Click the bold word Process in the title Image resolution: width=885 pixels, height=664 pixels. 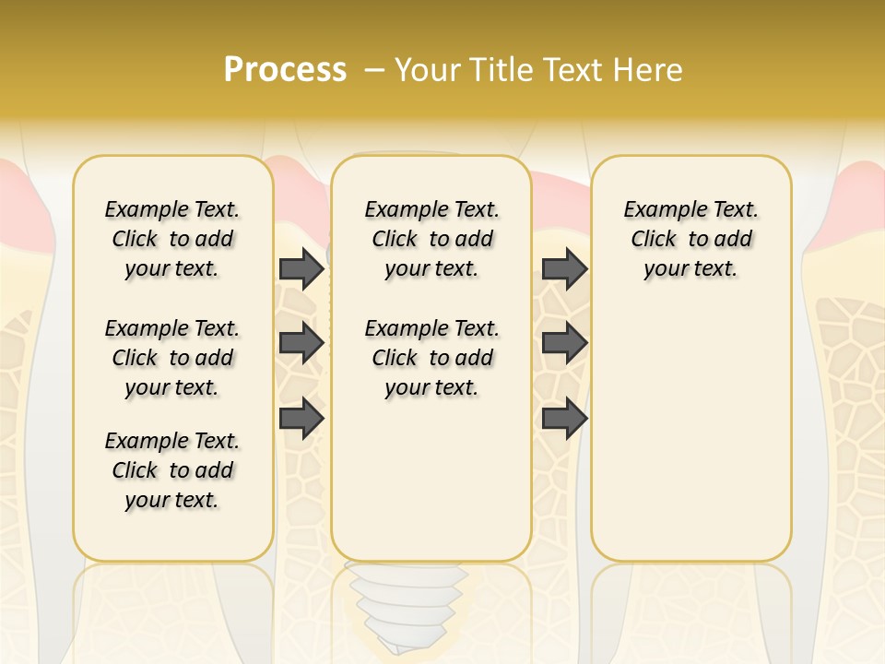(x=285, y=69)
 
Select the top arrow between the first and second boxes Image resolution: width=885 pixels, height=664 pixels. (x=301, y=269)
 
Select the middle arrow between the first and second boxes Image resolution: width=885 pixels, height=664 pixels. (x=301, y=344)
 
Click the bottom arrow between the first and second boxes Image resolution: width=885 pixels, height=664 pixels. (x=301, y=419)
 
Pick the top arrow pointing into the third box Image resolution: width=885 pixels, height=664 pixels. (x=564, y=269)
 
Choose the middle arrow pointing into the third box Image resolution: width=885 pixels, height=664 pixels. (x=564, y=344)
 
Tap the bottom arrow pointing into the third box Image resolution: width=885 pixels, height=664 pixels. (x=564, y=419)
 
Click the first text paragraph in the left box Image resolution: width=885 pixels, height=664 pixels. (x=172, y=239)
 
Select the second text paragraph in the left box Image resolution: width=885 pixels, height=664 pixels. (x=172, y=358)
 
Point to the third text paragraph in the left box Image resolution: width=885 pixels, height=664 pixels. (x=172, y=470)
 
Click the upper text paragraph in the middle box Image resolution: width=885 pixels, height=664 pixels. (x=431, y=239)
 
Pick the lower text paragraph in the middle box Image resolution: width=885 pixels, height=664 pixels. (x=431, y=358)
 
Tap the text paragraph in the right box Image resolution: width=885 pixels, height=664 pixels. (x=690, y=239)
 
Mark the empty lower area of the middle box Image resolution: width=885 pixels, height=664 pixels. (x=431, y=480)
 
